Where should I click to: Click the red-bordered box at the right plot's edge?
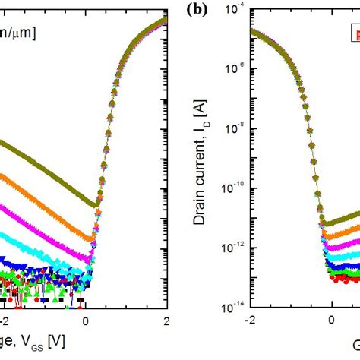[x=354, y=35]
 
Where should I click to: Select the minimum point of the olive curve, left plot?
[x=93, y=204]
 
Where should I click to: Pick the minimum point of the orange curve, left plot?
[x=90, y=238]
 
